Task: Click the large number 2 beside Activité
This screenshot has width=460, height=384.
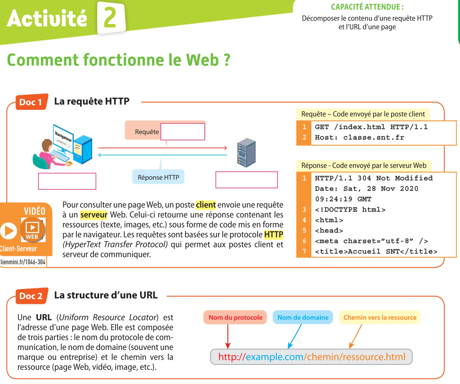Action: (110, 18)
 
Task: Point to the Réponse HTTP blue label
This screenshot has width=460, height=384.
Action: (158, 177)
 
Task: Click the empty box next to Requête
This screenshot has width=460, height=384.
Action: (183, 132)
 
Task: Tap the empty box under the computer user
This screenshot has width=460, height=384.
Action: (67, 181)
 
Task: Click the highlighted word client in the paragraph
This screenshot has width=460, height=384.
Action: (206, 205)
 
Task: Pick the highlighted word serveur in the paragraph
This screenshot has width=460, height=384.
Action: (93, 215)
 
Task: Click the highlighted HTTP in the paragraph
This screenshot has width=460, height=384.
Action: (274, 234)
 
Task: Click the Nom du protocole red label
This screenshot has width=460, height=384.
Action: (235, 317)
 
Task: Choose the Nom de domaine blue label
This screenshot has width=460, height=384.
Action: (303, 317)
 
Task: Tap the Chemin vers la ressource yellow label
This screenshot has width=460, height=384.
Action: (380, 317)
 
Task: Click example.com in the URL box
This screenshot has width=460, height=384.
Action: (275, 357)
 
